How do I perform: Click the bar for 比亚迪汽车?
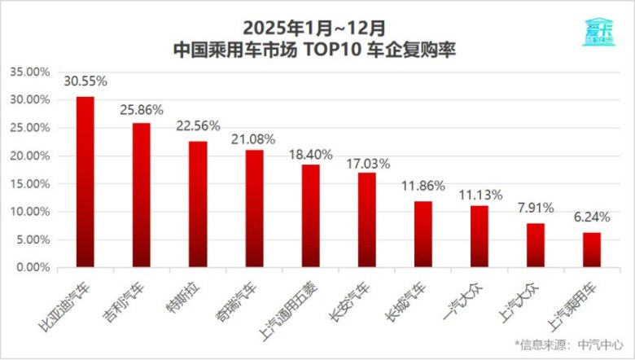(x=85, y=182)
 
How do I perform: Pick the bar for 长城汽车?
(x=423, y=234)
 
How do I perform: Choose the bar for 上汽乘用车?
(x=593, y=250)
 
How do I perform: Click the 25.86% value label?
(x=142, y=108)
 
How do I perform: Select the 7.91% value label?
(x=536, y=211)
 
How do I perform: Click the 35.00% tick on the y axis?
(x=29, y=72)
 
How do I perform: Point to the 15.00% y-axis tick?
(x=29, y=183)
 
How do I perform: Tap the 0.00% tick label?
(x=32, y=267)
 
